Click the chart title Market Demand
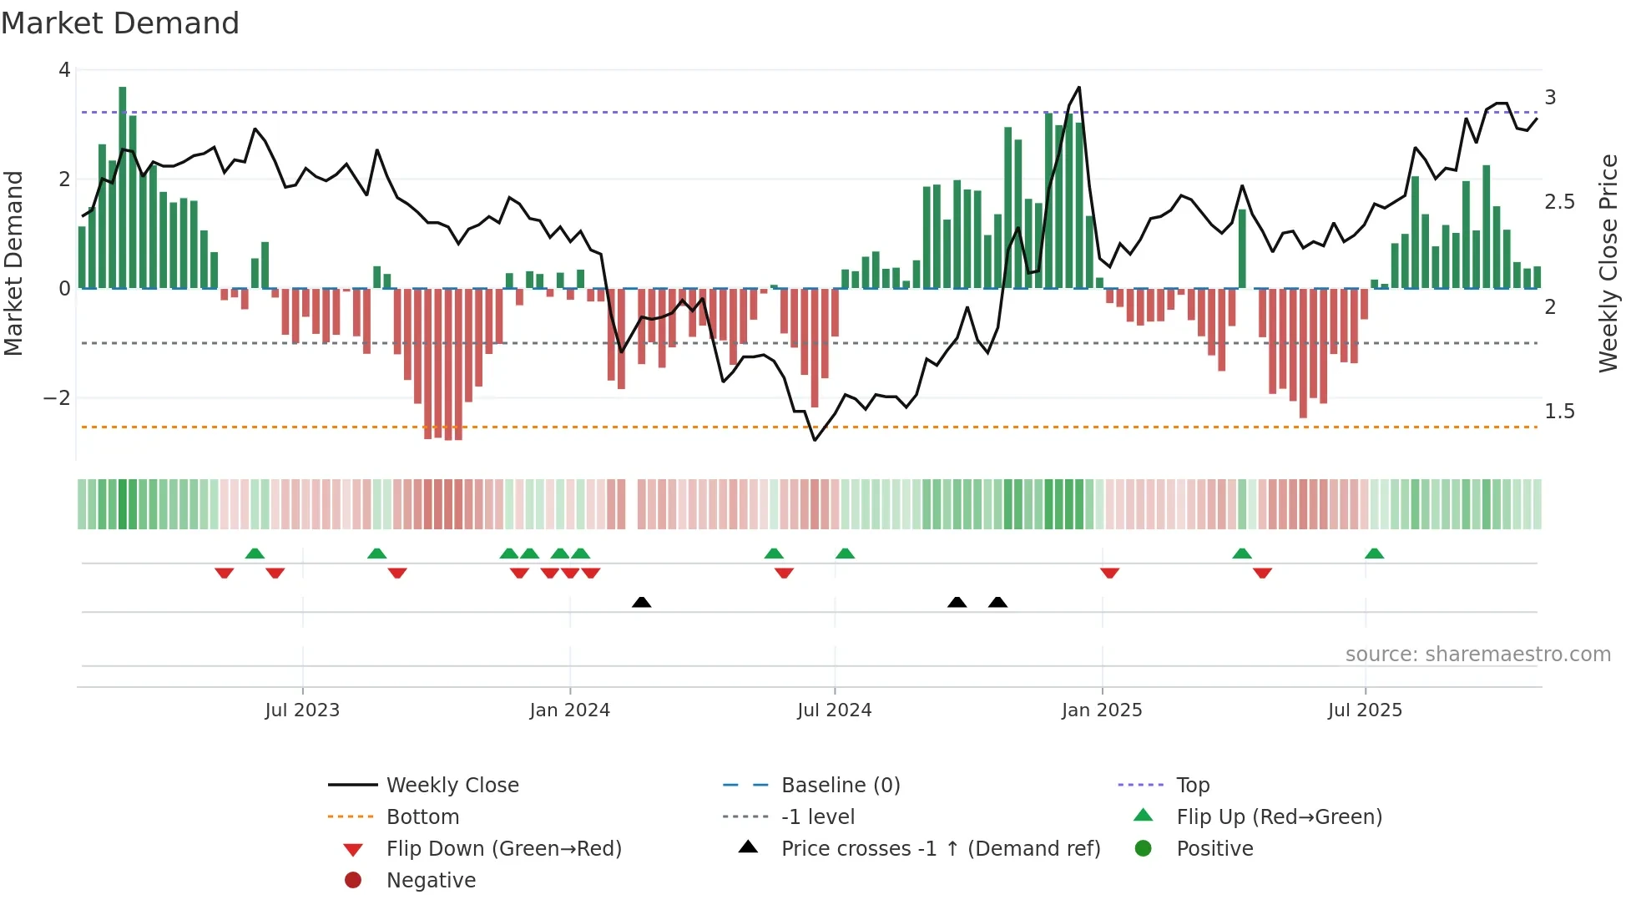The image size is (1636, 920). pyautogui.click(x=120, y=23)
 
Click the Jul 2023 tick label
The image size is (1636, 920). pyautogui.click(x=302, y=710)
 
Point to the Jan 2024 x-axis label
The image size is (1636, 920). pyautogui.click(x=569, y=710)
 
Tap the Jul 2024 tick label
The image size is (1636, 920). pyautogui.click(x=834, y=710)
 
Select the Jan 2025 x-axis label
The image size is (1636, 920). pyautogui.click(x=1102, y=710)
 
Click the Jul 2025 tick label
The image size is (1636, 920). pyautogui.click(x=1365, y=710)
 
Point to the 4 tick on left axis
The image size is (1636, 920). pyautogui.click(x=64, y=70)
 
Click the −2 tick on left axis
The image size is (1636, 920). pyautogui.click(x=58, y=398)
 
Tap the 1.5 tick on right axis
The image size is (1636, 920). pyautogui.click(x=1558, y=412)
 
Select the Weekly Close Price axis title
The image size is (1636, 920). pyautogui.click(x=1608, y=263)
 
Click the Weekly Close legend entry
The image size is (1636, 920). pyautogui.click(x=452, y=786)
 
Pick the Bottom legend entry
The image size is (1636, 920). pyautogui.click(x=422, y=817)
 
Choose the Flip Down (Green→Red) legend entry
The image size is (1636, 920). pyautogui.click(x=503, y=849)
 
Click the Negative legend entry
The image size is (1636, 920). pyautogui.click(x=431, y=881)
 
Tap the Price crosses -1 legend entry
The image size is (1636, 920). pyautogui.click(x=940, y=849)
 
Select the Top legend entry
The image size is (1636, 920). pyautogui.click(x=1193, y=786)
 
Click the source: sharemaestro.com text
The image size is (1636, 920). pyautogui.click(x=1477, y=655)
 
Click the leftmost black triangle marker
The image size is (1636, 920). pyautogui.click(x=641, y=602)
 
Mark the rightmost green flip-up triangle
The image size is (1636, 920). pyautogui.click(x=1374, y=554)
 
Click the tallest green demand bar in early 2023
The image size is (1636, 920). pyautogui.click(x=123, y=188)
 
